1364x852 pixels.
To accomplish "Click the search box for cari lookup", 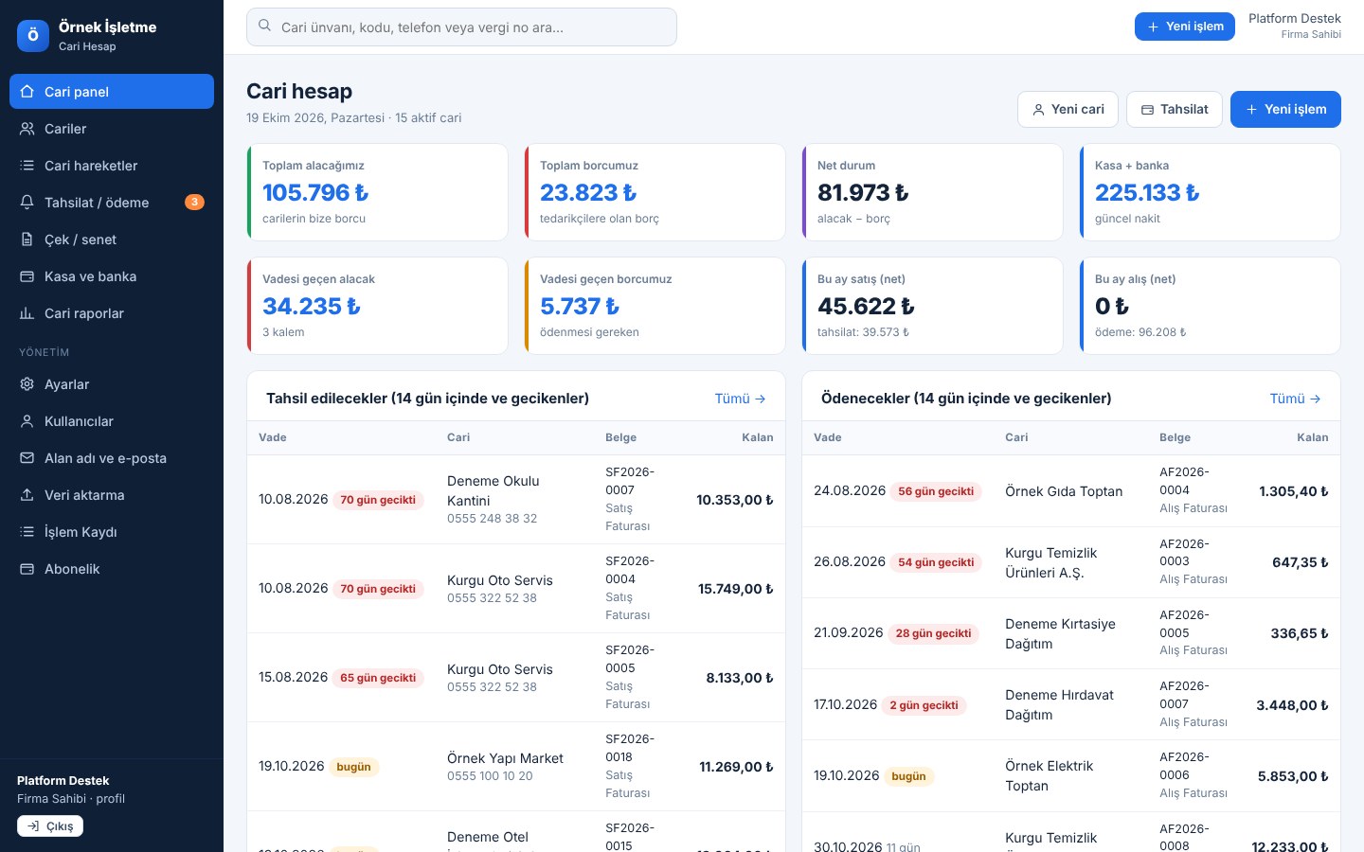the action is [x=461, y=27].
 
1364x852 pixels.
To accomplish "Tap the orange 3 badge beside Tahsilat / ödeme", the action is [x=194, y=202].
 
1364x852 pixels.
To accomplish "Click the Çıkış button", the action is [x=50, y=825].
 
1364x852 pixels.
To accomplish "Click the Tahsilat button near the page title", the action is [x=1174, y=110].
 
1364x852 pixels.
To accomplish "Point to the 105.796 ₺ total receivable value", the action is [x=315, y=192].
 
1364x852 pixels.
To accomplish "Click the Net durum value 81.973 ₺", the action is [x=863, y=192].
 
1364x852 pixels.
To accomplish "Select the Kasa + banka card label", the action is [x=1131, y=165].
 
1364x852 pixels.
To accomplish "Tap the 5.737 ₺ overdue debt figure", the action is [x=579, y=306].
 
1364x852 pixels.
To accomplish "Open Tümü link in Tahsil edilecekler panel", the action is [x=740, y=399].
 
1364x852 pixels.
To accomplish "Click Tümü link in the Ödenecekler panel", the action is [x=1295, y=399].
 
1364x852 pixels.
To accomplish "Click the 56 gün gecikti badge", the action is [x=935, y=491].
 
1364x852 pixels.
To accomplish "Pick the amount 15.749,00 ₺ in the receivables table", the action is [x=735, y=589].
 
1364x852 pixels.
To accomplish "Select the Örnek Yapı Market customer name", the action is [x=505, y=758].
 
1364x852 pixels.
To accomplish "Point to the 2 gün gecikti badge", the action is [x=924, y=704].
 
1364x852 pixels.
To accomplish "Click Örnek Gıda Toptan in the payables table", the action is [x=1063, y=491].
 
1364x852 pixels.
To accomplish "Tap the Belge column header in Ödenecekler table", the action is [x=1175, y=437].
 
